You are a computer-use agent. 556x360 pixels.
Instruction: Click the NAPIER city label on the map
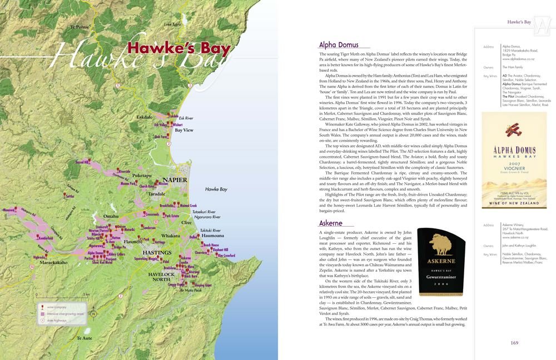(x=175, y=181)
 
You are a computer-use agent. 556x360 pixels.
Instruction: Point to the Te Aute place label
(x=85, y=338)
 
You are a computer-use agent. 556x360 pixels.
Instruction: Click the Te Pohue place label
(x=80, y=27)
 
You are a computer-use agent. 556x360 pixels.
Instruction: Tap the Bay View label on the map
(x=184, y=130)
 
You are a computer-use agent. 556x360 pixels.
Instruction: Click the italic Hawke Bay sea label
(x=216, y=189)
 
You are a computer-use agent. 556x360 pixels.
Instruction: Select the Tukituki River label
(x=210, y=230)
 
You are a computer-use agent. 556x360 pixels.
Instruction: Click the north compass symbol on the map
(x=93, y=314)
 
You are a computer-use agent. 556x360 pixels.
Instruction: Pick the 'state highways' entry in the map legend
(x=56, y=320)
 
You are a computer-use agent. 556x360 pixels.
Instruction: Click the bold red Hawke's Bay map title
(x=178, y=49)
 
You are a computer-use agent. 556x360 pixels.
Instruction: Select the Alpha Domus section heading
(x=339, y=45)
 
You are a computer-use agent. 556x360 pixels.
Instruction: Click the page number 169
(x=514, y=343)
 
